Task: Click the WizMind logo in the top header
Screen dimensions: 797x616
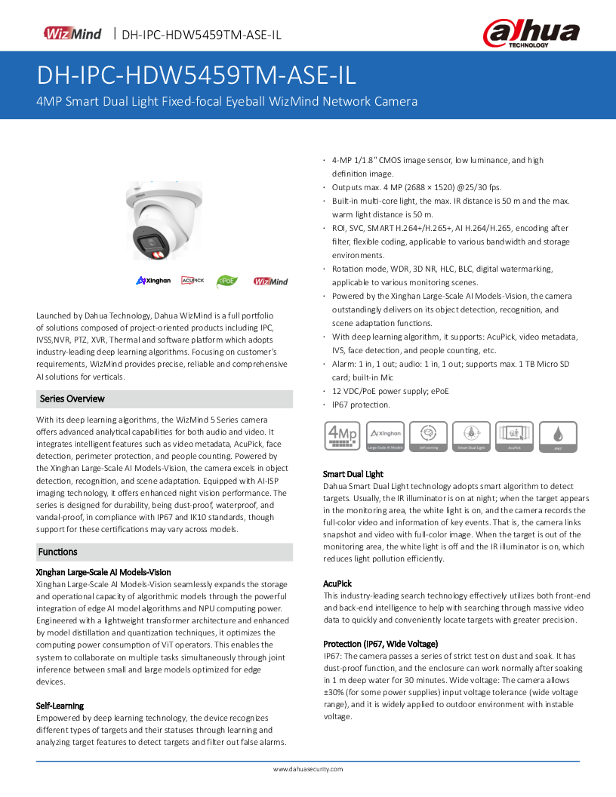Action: tap(72, 33)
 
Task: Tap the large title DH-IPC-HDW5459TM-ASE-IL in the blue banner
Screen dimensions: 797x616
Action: tap(196, 76)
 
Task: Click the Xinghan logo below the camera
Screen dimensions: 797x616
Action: tap(153, 281)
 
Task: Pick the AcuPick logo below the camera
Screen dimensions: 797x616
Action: tap(192, 281)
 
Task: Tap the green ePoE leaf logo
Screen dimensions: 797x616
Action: tap(227, 281)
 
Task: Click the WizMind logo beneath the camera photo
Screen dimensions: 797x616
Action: tap(270, 282)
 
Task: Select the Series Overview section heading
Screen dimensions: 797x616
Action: tap(72, 398)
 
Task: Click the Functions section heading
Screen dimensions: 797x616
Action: tap(58, 552)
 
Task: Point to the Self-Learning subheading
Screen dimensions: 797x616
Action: tap(60, 706)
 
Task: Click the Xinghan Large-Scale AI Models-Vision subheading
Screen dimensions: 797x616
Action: tap(103, 572)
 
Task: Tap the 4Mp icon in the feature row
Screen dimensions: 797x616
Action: tap(340, 437)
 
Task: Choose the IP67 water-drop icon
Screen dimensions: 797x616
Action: tap(558, 437)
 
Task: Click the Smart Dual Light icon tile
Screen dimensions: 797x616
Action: tap(471, 437)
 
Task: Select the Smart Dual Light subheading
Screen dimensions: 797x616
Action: tap(353, 474)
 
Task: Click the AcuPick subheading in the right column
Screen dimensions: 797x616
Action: tap(337, 583)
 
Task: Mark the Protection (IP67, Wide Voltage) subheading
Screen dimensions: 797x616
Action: tap(380, 644)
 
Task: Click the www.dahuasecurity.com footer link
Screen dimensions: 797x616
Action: tap(307, 769)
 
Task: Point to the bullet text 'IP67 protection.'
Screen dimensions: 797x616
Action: tap(361, 405)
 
